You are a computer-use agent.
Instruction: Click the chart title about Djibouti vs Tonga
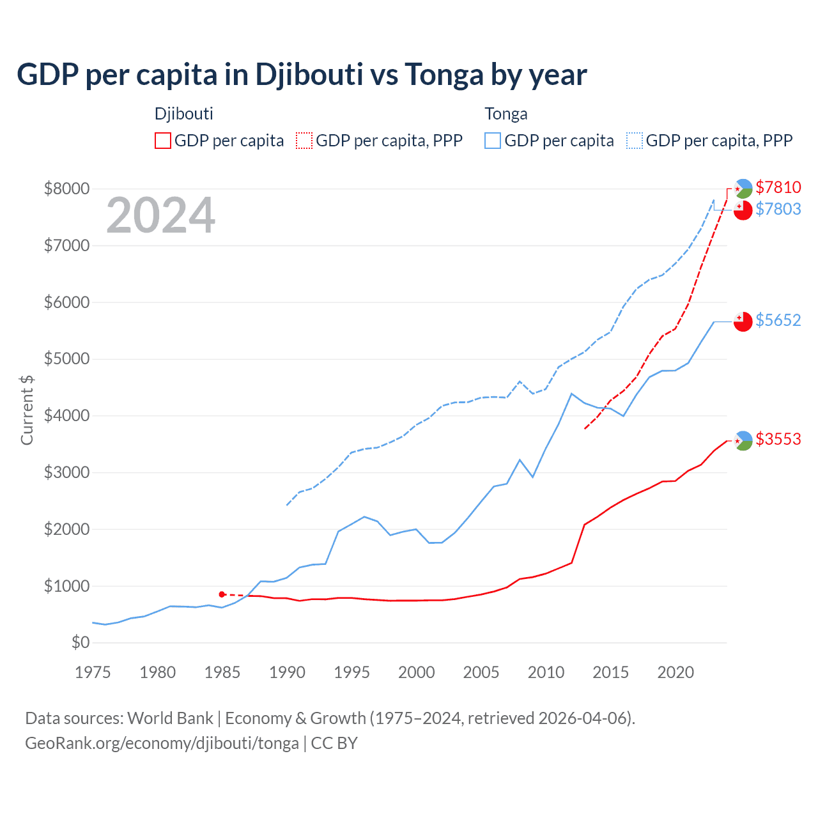click(302, 74)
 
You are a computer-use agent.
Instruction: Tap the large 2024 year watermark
click(160, 216)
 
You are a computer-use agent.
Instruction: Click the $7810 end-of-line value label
click(778, 187)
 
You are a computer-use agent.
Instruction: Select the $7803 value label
click(778, 209)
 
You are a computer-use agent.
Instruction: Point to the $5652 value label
click(778, 320)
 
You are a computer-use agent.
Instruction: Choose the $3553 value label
click(778, 439)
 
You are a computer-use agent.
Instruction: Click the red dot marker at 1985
click(222, 594)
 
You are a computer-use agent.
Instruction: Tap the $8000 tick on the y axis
click(66, 189)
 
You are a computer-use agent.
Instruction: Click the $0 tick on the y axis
click(80, 642)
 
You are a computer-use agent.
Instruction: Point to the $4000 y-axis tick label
click(66, 415)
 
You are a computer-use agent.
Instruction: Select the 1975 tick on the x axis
click(93, 672)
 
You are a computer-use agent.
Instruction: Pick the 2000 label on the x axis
click(417, 672)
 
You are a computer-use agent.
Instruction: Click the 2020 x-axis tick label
click(675, 672)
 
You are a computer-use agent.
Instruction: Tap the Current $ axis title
click(27, 410)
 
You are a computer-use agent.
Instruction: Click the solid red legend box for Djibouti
click(163, 141)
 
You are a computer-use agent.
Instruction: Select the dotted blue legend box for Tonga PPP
click(635, 141)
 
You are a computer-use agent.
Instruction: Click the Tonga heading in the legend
click(506, 114)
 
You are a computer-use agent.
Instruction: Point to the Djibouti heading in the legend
click(184, 114)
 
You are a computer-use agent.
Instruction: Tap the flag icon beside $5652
click(743, 321)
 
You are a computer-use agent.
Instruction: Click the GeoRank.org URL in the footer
click(162, 743)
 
